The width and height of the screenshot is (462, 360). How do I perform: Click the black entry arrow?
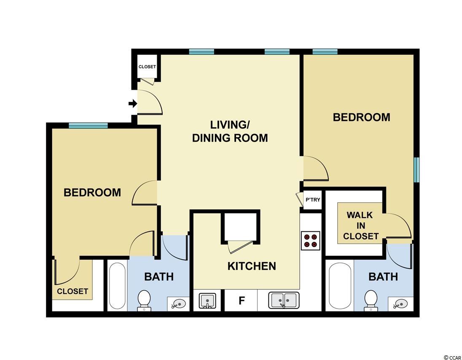pos(133,103)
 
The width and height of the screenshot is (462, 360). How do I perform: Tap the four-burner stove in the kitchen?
pos(311,241)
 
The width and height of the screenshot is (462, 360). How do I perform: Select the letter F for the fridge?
pos(242,301)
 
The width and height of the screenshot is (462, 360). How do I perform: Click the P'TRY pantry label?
pos(313,200)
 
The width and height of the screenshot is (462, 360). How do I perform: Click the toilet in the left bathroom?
pos(144,300)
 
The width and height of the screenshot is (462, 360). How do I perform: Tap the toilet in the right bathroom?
pos(371,300)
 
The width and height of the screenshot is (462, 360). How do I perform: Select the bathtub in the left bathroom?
pos(117,285)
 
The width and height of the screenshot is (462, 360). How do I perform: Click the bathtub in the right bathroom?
pos(340,285)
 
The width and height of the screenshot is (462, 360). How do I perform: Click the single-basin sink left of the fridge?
pos(207,301)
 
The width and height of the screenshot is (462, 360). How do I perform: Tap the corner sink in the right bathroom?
pos(400,304)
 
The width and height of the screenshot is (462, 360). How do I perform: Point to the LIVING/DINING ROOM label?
pos(230,131)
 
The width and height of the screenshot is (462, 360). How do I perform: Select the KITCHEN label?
pos(252,266)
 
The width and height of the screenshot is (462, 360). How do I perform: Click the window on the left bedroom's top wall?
pos(88,126)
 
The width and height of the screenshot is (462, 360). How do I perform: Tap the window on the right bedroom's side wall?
pos(416,170)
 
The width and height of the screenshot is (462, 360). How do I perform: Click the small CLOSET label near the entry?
pos(147,67)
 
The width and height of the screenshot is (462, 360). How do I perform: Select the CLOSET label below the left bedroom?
pos(73,291)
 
